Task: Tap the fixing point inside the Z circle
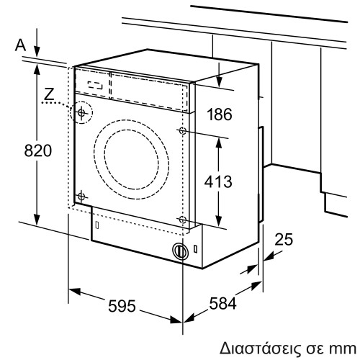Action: (x=82, y=113)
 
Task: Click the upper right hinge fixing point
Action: (x=182, y=131)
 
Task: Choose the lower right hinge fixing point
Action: (x=182, y=219)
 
